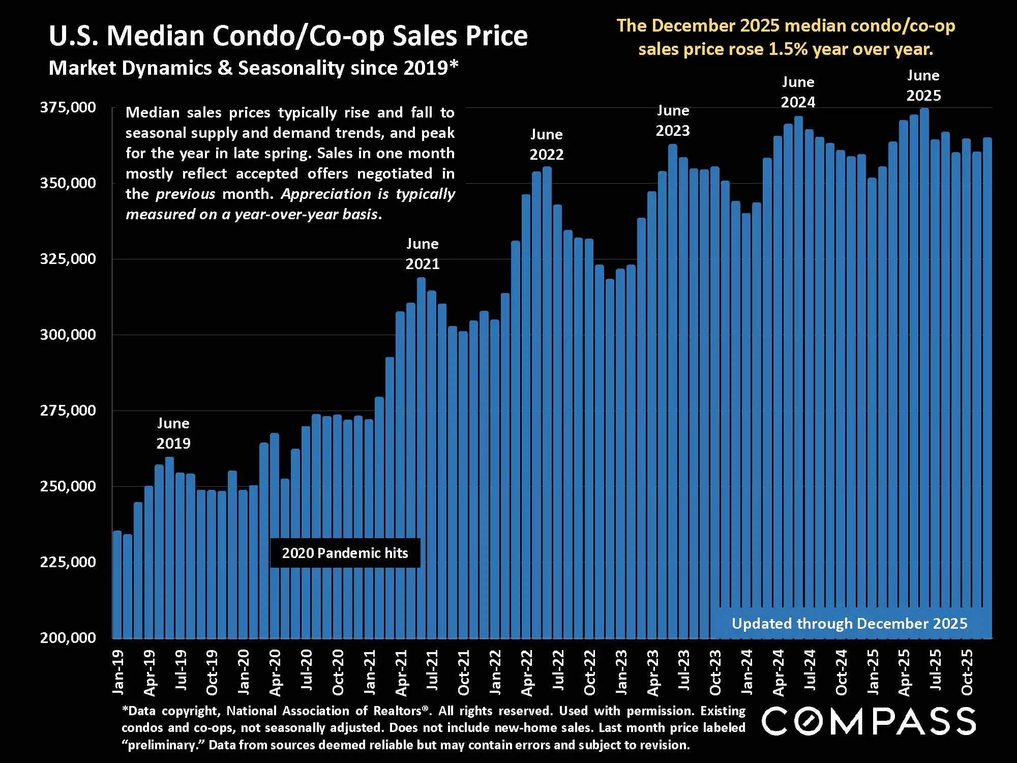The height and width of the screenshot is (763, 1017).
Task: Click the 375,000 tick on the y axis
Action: point(68,107)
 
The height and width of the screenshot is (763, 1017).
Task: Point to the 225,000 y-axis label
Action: point(68,562)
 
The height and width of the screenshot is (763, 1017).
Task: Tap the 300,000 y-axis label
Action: point(68,335)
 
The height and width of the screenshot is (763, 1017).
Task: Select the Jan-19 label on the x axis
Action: point(118,672)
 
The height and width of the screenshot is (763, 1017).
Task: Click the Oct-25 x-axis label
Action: point(967,672)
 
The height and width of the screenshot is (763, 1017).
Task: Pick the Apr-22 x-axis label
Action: point(527,672)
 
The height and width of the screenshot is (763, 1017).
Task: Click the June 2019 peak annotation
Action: point(173,433)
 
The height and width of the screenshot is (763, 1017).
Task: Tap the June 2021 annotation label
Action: point(423,254)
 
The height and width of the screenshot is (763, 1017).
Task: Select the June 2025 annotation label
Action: point(923,85)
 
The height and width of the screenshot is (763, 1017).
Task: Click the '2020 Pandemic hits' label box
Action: point(345,553)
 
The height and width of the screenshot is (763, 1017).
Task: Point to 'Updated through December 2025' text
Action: point(849,624)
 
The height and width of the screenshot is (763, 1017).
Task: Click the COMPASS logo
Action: point(869,721)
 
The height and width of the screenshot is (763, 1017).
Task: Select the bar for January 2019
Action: point(117,585)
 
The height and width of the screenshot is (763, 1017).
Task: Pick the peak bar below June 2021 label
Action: point(421,458)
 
